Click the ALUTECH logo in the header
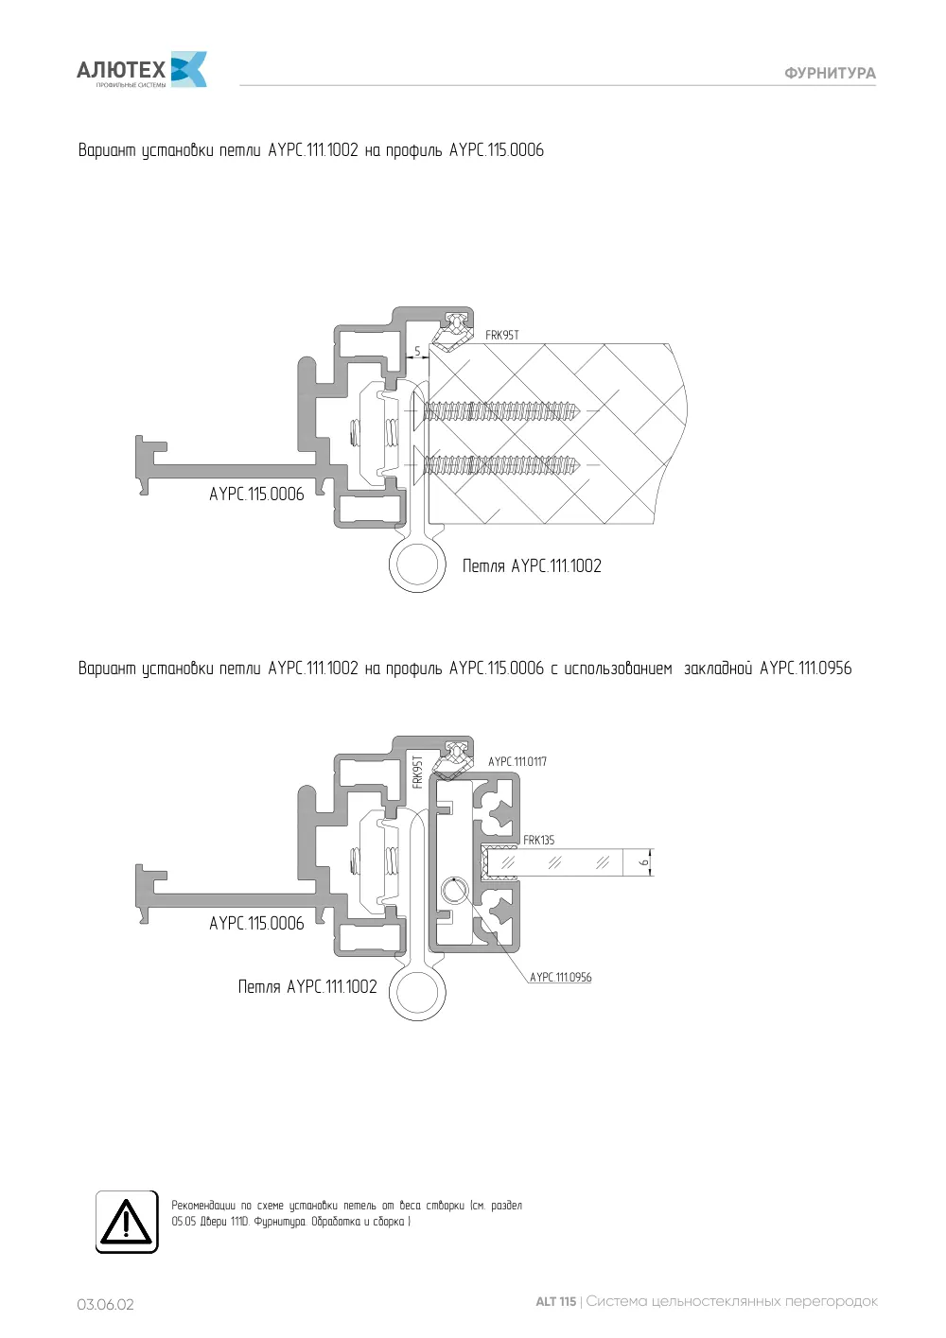(x=142, y=70)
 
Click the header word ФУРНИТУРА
(x=830, y=74)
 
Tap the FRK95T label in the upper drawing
(x=502, y=335)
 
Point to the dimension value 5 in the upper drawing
(x=417, y=351)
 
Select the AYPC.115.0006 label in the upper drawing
(x=256, y=494)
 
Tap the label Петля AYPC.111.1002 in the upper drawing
(x=532, y=565)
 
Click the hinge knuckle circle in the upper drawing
(x=418, y=564)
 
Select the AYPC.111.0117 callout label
(x=517, y=761)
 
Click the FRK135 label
(x=538, y=840)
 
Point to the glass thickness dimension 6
(x=643, y=862)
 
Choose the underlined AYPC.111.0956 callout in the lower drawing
(x=561, y=977)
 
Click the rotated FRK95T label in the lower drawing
(x=418, y=772)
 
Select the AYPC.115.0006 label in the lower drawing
(x=256, y=923)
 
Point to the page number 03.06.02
(x=105, y=1304)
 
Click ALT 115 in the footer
(x=555, y=1301)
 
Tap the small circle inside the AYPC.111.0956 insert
(x=455, y=891)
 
